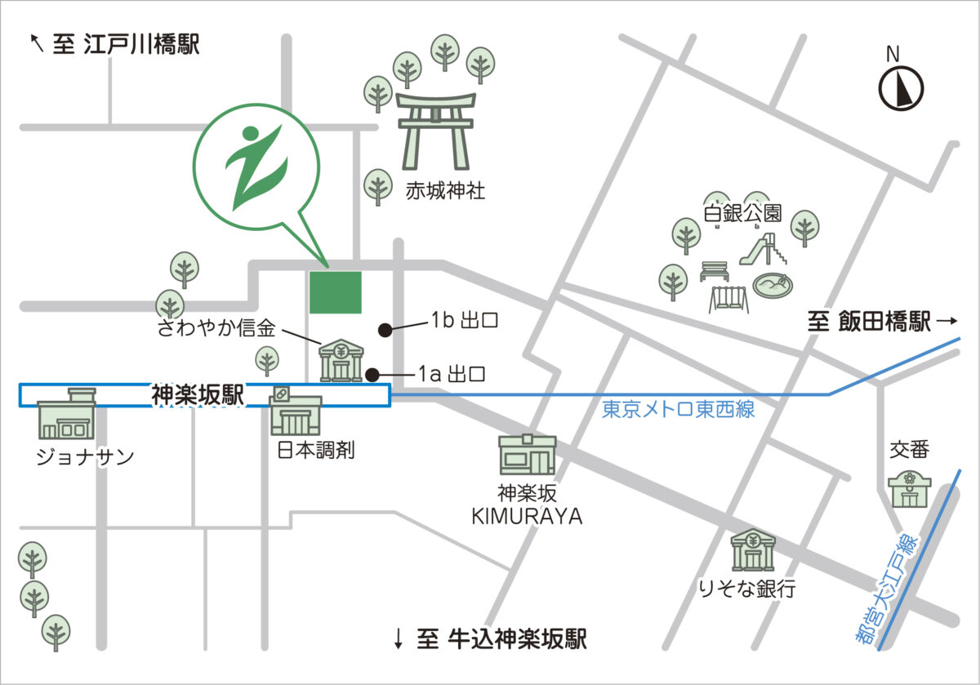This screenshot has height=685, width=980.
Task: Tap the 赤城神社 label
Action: [x=445, y=192]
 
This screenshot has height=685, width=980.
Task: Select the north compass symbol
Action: [x=901, y=86]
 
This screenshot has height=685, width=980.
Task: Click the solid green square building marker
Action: [x=335, y=292]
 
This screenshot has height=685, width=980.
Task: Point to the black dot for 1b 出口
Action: [x=384, y=330]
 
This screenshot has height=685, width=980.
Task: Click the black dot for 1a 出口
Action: [x=372, y=375]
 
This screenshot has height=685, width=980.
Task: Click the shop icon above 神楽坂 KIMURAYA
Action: [x=528, y=455]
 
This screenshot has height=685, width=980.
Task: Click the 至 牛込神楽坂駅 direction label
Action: [x=490, y=639]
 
